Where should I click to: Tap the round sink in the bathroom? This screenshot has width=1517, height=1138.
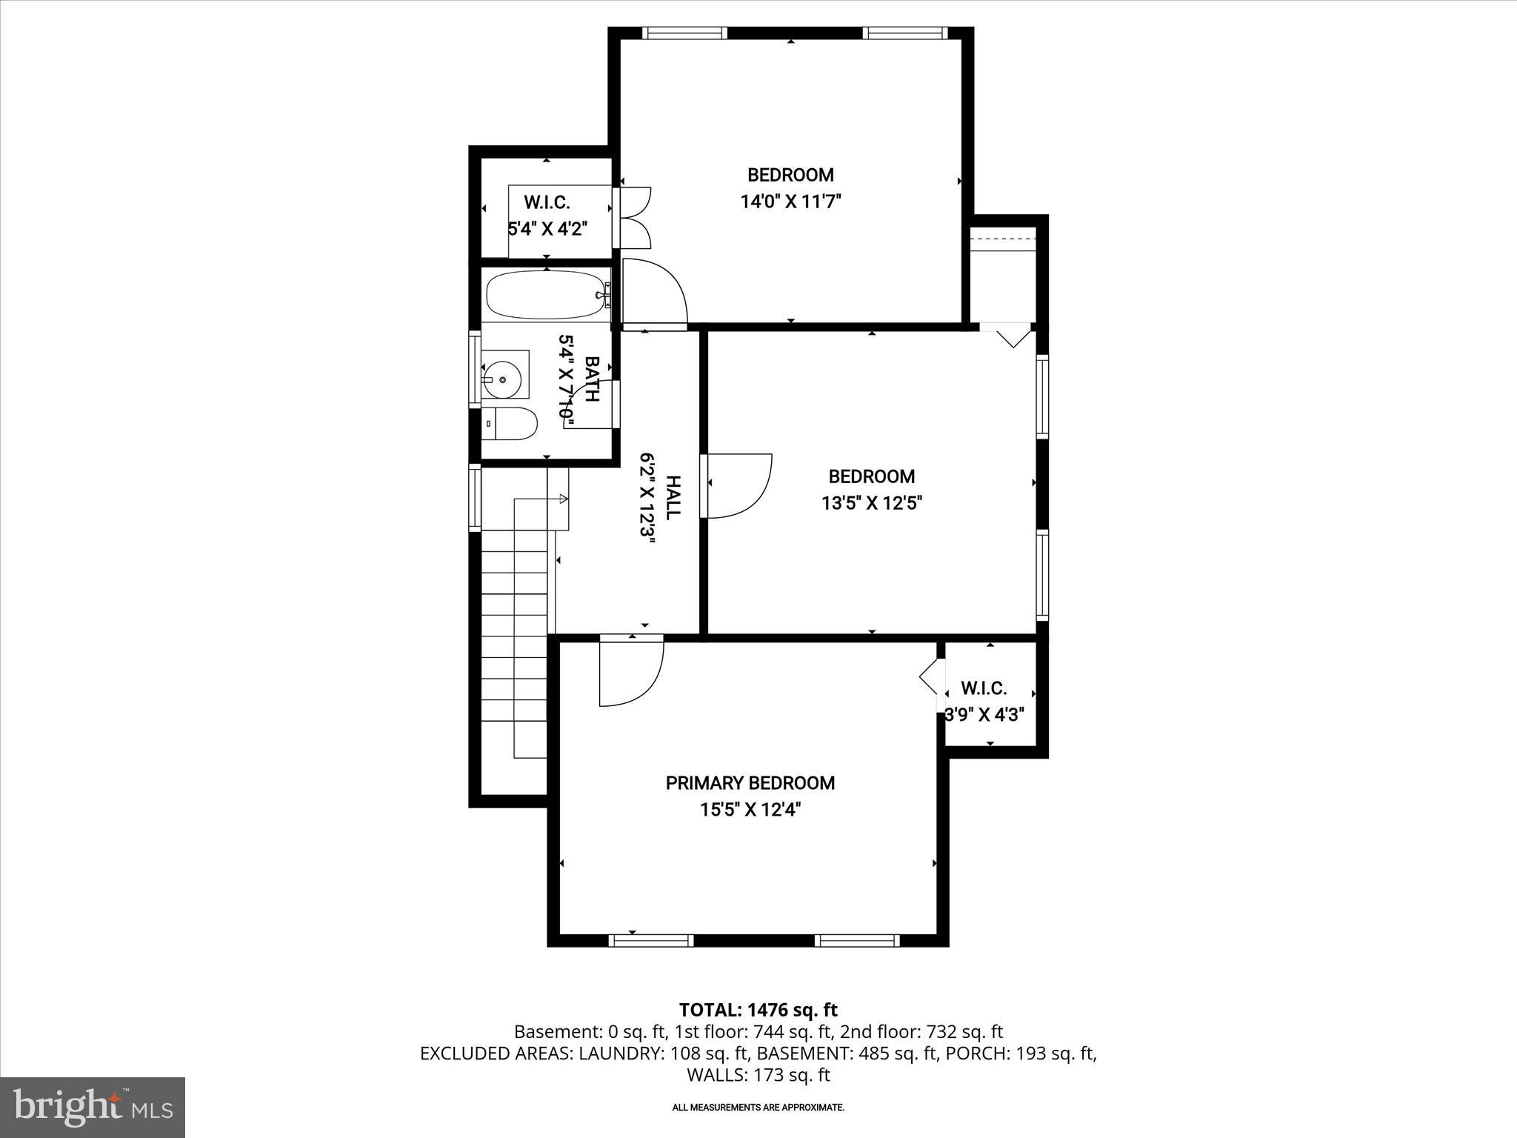pyautogui.click(x=502, y=379)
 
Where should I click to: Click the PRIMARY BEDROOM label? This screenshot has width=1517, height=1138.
pyautogui.click(x=750, y=783)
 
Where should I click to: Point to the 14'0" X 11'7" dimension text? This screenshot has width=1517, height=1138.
pyautogui.click(x=791, y=202)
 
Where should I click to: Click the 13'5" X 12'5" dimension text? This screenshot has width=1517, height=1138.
pyautogui.click(x=871, y=503)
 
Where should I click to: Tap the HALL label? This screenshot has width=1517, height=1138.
pyautogui.click(x=673, y=498)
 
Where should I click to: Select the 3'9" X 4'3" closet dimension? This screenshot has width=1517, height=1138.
pyautogui.click(x=984, y=715)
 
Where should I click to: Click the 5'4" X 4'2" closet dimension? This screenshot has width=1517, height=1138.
pyautogui.click(x=547, y=228)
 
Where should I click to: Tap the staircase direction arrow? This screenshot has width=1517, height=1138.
pyautogui.click(x=563, y=499)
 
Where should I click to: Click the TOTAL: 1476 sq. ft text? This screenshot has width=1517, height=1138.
pyautogui.click(x=758, y=1010)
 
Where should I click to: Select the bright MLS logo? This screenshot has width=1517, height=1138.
pyautogui.click(x=93, y=1107)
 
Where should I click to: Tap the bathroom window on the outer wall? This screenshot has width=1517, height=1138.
pyautogui.click(x=475, y=368)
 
